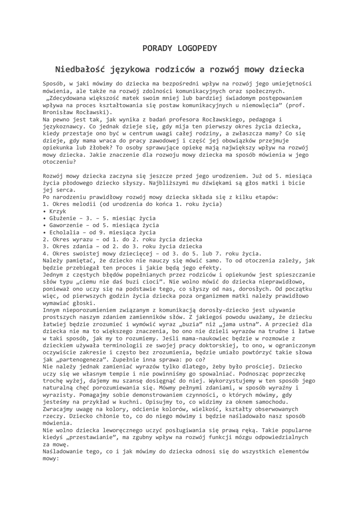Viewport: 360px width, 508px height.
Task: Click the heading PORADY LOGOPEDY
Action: (180, 48)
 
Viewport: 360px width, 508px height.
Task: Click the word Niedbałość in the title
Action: (81, 69)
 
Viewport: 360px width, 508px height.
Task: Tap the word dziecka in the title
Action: (283, 69)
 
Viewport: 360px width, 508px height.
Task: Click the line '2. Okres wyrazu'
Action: (70, 239)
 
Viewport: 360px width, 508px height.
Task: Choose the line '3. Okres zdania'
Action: (70, 246)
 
